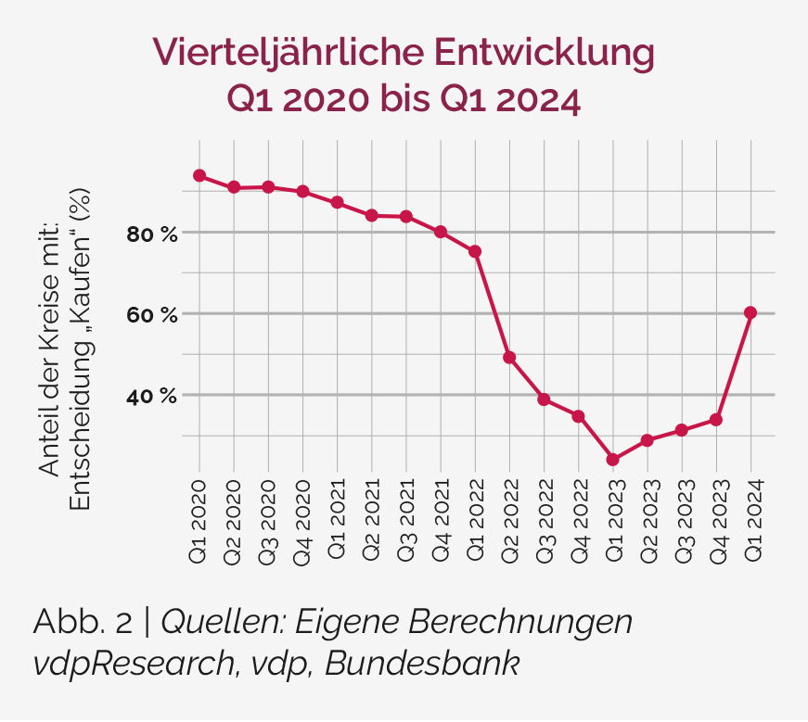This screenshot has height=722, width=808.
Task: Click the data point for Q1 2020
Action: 199,176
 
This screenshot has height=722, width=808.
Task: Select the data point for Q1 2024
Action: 750,312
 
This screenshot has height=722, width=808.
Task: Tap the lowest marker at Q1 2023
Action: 612,460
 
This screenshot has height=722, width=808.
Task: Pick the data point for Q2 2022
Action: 509,358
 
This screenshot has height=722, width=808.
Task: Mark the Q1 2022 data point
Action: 475,251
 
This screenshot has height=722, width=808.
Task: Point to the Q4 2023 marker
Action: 716,420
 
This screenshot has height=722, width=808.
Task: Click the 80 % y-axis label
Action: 151,234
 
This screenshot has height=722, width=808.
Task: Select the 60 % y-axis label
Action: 151,315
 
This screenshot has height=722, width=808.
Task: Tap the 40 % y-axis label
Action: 151,397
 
